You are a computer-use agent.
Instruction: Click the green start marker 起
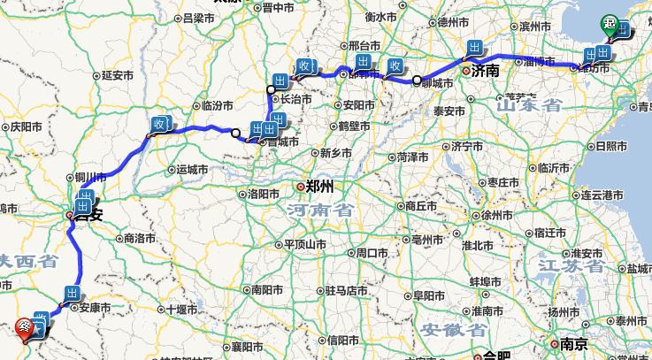point(611,24)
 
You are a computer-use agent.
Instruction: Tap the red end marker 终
point(26,326)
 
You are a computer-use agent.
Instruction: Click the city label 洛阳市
point(265,192)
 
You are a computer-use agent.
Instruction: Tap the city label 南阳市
point(265,289)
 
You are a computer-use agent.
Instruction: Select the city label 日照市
point(610,145)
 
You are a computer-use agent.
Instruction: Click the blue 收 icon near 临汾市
point(160,124)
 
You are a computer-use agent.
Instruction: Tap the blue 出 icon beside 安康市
point(72,294)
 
